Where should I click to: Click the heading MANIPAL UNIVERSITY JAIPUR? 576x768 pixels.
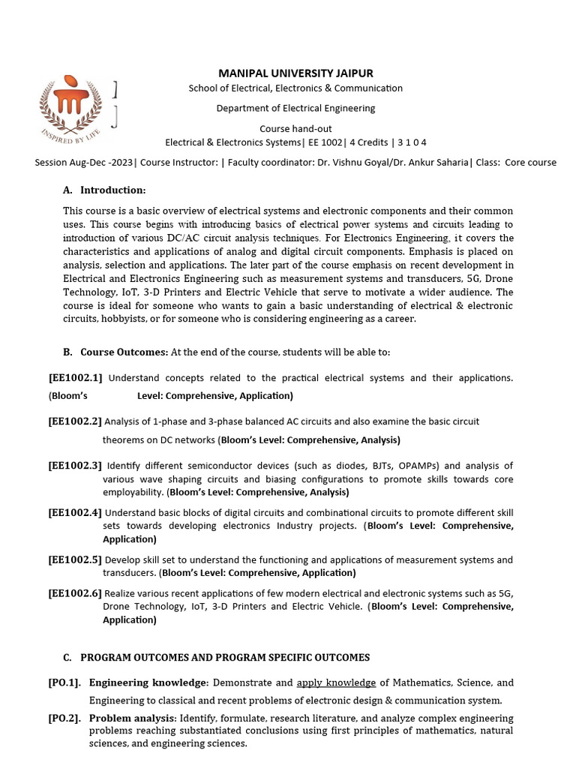(295, 73)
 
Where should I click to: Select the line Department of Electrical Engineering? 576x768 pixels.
(295, 108)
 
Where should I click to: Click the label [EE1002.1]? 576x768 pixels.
(76, 377)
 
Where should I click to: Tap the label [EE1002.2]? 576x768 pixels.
(76, 421)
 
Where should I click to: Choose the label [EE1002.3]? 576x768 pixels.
(76, 466)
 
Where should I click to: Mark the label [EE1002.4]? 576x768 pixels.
(76, 512)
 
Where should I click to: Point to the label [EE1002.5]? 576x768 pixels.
(76, 559)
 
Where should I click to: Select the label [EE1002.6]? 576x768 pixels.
(76, 593)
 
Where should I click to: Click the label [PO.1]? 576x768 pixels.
(64, 683)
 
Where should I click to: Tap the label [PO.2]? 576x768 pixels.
(64, 718)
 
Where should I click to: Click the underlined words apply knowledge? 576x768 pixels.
(336, 683)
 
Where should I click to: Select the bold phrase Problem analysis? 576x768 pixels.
(132, 718)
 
